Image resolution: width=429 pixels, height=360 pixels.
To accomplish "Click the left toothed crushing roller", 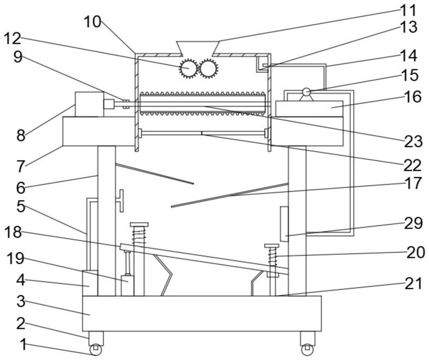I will (x=188, y=69).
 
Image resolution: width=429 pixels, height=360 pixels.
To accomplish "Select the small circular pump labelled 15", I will (x=306, y=92).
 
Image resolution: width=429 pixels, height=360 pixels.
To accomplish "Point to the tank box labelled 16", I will (x=309, y=108).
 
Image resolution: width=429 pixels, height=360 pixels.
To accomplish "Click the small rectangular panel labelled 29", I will (x=284, y=223).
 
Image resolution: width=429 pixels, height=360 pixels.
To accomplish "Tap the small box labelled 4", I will (x=89, y=283).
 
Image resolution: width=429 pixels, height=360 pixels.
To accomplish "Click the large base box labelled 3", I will (x=202, y=313).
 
